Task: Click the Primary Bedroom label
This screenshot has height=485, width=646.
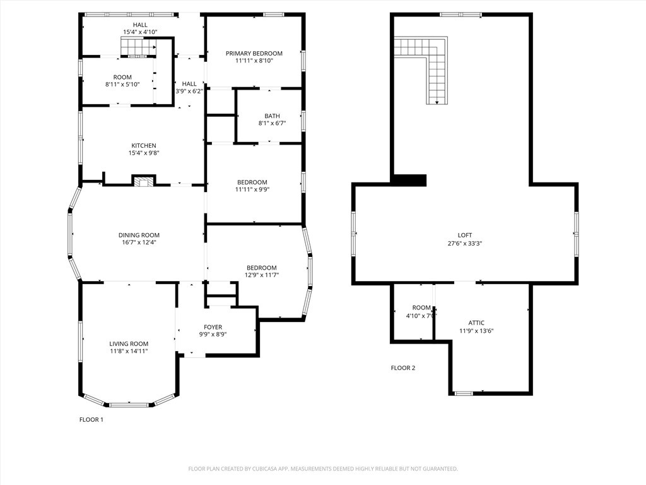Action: coord(254,54)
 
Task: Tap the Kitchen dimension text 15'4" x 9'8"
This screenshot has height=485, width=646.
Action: coord(144,153)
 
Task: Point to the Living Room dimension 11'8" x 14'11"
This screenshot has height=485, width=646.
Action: coord(129,351)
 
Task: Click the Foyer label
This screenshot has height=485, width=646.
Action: coord(213,327)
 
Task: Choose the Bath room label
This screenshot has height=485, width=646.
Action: coord(272,116)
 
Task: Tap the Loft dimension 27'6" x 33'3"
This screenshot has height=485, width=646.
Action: coord(465,243)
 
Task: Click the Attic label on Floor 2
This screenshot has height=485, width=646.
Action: coord(476,323)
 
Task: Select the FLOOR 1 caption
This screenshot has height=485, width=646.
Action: coord(91,419)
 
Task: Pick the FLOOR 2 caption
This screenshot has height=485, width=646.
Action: coord(403,368)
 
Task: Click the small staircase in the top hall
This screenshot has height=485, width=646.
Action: coord(137,47)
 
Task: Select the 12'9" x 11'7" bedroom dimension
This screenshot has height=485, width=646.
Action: coord(261,275)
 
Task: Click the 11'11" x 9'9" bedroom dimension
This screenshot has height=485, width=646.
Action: coord(252,189)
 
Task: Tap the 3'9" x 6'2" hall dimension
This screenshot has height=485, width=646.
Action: coord(189,91)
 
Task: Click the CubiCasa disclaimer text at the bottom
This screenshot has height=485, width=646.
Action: coord(323,469)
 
